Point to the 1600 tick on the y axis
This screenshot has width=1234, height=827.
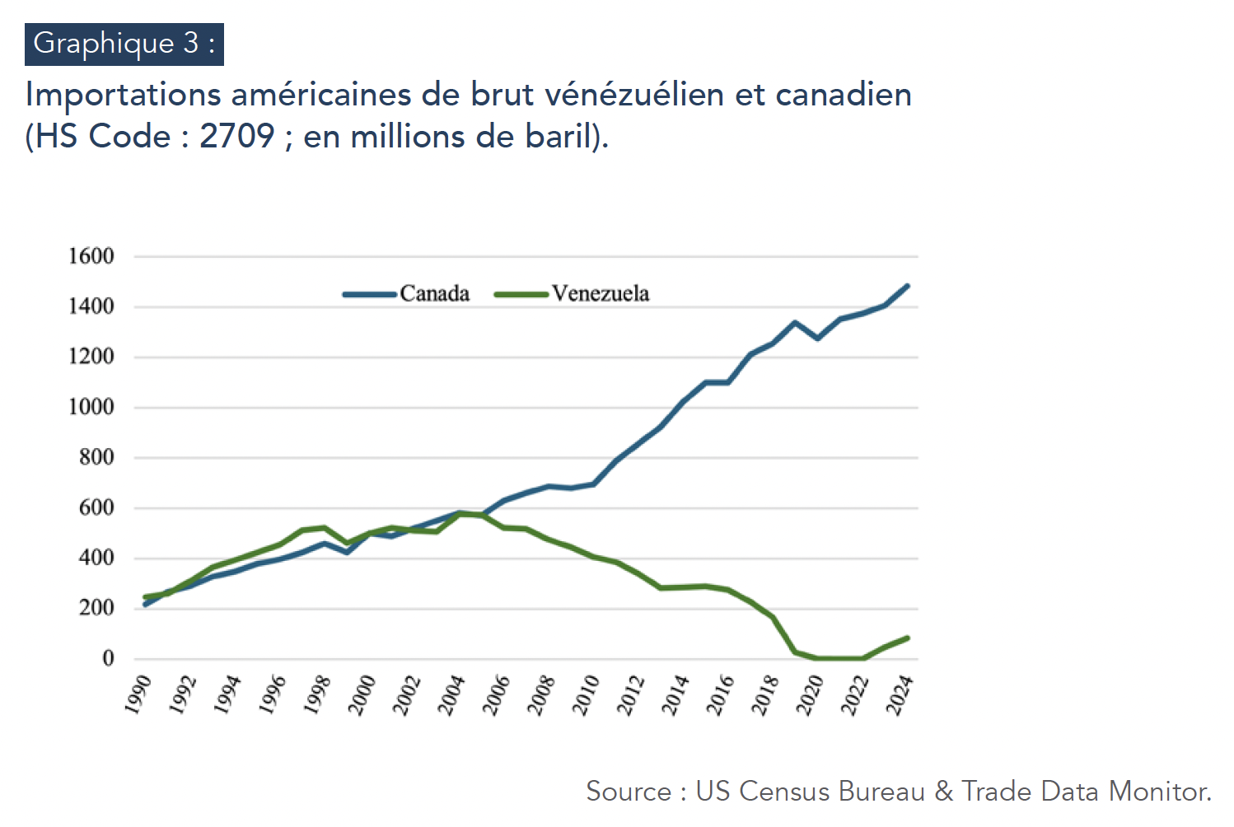pyautogui.click(x=91, y=256)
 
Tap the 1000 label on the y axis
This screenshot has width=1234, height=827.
pyautogui.click(x=91, y=407)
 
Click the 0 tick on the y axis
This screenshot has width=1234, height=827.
pyautogui.click(x=108, y=658)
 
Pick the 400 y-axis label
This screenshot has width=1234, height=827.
pyautogui.click(x=96, y=558)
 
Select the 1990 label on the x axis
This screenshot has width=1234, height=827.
pyautogui.click(x=138, y=694)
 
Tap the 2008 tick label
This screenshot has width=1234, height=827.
pyautogui.click(x=542, y=695)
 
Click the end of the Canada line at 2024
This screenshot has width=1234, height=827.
pyautogui.click(x=907, y=286)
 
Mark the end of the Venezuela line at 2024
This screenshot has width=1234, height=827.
pyautogui.click(x=907, y=638)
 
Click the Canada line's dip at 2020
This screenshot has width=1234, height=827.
pyautogui.click(x=817, y=339)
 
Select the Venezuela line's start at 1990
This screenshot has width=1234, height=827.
pyautogui.click(x=146, y=597)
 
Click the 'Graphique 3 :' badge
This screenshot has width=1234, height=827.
pyautogui.click(x=124, y=44)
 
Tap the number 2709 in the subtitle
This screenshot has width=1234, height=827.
pyautogui.click(x=237, y=136)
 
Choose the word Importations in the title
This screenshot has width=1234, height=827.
pyautogui.click(x=124, y=95)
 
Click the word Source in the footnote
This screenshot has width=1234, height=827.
pyautogui.click(x=629, y=792)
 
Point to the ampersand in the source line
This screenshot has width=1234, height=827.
pyautogui.click(x=943, y=792)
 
